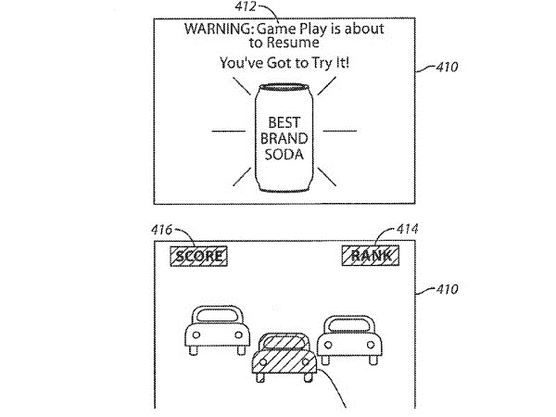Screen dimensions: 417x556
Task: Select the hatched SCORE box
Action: (x=200, y=256)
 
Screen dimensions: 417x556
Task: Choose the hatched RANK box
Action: (x=366, y=256)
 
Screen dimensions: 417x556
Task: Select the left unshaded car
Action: (x=216, y=331)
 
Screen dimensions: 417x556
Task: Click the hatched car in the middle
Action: (x=285, y=361)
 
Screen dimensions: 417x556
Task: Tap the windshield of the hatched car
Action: (x=284, y=344)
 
